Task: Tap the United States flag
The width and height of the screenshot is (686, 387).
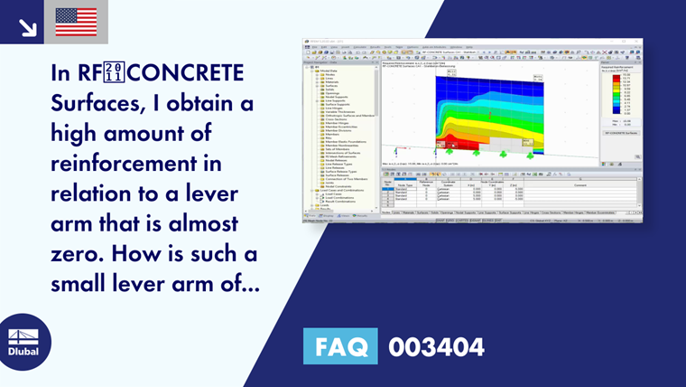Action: click(x=76, y=22)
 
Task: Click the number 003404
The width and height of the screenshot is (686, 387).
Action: click(x=436, y=346)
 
